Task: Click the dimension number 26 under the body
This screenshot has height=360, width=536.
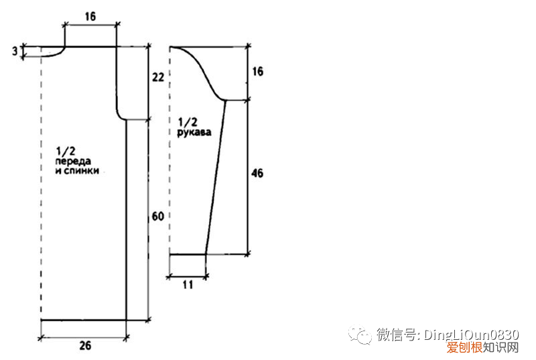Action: tap(85, 346)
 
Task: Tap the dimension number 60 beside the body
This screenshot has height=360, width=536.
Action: tap(157, 217)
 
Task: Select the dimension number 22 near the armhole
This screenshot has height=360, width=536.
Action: tap(157, 77)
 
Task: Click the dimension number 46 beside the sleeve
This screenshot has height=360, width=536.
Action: tap(258, 174)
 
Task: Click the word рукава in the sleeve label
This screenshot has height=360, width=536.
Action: tap(194, 133)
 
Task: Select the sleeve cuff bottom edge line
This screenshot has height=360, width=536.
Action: tap(187, 254)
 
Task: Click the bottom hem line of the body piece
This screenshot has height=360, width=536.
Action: tap(84, 320)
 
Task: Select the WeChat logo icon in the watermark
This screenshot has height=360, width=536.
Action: tap(362, 335)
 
